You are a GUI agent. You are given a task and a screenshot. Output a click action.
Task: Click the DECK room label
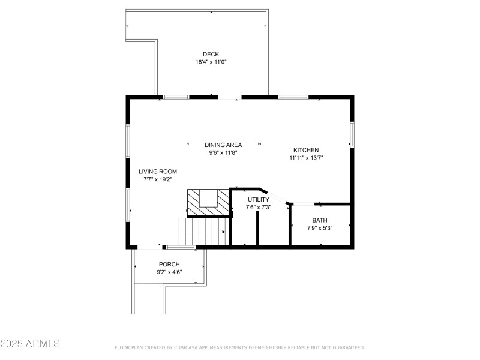click(210, 54)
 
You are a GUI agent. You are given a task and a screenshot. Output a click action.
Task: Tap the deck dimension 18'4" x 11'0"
click(210, 62)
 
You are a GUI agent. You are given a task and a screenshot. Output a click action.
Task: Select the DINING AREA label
click(223, 145)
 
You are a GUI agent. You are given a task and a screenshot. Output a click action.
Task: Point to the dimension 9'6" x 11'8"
click(223, 152)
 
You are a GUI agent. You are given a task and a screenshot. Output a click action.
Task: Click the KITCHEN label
click(305, 150)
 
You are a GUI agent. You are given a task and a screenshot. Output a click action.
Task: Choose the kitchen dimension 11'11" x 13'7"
click(305, 158)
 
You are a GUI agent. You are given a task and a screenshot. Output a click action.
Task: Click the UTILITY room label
click(259, 199)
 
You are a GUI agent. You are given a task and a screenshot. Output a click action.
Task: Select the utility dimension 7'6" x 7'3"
click(259, 207)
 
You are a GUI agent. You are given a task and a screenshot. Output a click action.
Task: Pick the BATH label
click(320, 220)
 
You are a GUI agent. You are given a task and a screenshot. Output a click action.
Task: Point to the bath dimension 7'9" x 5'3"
click(320, 228)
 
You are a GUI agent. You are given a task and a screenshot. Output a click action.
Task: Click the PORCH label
click(169, 264)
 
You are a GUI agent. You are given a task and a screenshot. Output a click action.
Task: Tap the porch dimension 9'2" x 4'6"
click(169, 272)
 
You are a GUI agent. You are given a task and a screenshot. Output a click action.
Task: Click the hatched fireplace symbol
click(208, 202)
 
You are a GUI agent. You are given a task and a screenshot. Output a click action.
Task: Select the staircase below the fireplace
click(203, 232)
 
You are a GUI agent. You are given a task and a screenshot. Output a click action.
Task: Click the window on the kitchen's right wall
click(352, 134)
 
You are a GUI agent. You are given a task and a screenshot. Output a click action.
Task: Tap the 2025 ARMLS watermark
click(30, 344)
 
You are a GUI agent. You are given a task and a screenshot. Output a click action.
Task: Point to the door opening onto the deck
click(229, 97)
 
